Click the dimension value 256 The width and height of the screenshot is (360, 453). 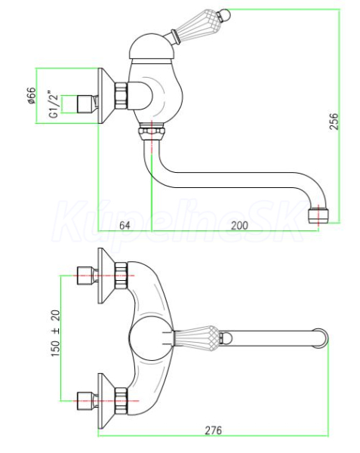coord(334,122)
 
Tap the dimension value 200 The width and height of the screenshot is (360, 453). coord(239,225)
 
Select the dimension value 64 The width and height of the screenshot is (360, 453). coord(125,225)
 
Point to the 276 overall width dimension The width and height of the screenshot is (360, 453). coord(214,430)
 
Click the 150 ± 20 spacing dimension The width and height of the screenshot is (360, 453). coord(56,333)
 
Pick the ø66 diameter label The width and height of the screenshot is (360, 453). coord(31,95)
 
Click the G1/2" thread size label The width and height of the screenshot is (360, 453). coord(54,106)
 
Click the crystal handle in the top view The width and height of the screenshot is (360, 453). coord(196,338)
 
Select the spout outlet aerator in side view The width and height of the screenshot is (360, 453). coord(318,216)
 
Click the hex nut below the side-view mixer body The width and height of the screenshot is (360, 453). coord(152,131)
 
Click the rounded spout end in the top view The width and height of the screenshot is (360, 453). coord(321,338)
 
